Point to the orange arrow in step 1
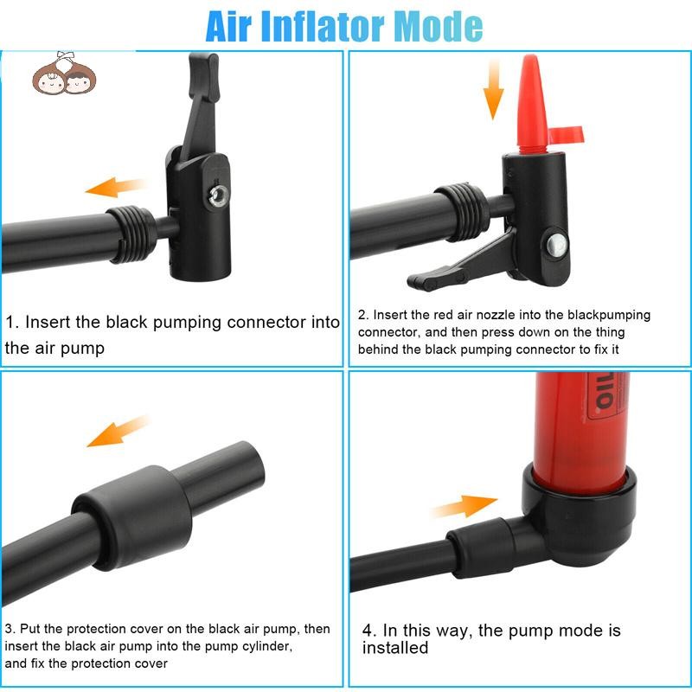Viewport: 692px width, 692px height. tap(115, 187)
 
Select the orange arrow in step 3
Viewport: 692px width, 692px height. tap(119, 431)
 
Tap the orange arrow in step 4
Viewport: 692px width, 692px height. tap(465, 506)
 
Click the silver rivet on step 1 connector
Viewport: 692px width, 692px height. tap(219, 195)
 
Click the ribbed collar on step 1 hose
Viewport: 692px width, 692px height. tap(131, 234)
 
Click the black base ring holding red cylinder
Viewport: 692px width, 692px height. tap(580, 515)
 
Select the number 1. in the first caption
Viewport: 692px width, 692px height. tap(12, 322)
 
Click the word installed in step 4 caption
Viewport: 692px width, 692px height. tap(395, 647)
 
